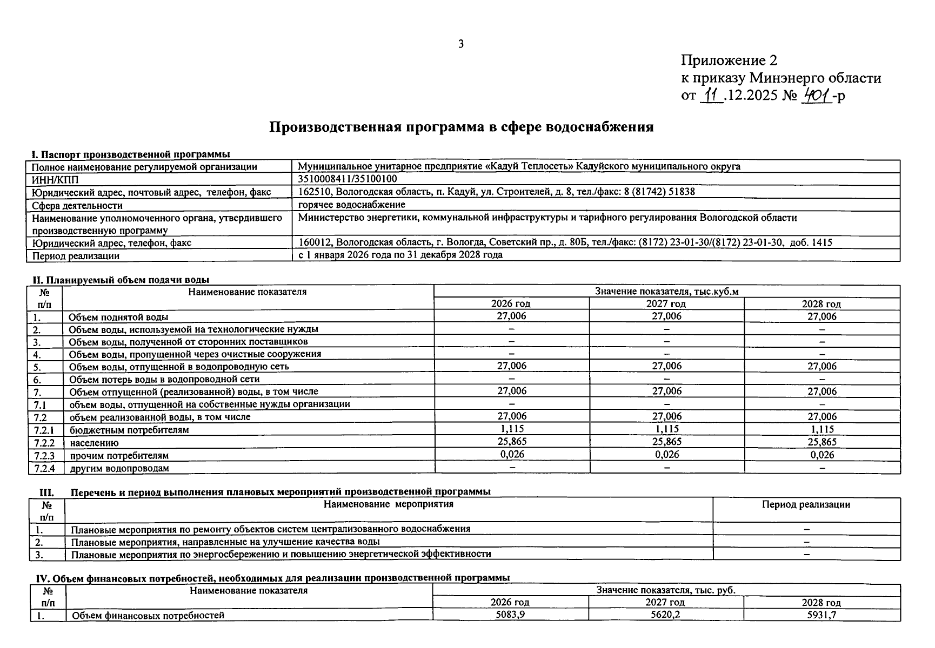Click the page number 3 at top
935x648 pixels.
coord(460,44)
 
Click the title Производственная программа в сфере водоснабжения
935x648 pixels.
coord(461,127)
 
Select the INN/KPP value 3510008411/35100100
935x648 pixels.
coord(348,179)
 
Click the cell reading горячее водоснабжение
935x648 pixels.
coord(351,205)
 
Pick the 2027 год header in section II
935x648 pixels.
coord(666,304)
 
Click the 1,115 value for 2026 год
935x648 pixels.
coord(511,429)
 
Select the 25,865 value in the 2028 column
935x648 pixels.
coord(822,442)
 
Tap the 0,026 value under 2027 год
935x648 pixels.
coord(666,455)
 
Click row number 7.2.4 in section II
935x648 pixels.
coord(45,468)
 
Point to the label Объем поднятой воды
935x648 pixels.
coord(118,317)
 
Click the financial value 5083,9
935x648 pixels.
coord(510,615)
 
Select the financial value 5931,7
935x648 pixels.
coord(822,615)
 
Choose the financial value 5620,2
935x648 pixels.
coord(665,615)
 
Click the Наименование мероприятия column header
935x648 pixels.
coord(388,504)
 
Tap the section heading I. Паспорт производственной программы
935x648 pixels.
coord(131,155)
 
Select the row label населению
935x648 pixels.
coord(93,443)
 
